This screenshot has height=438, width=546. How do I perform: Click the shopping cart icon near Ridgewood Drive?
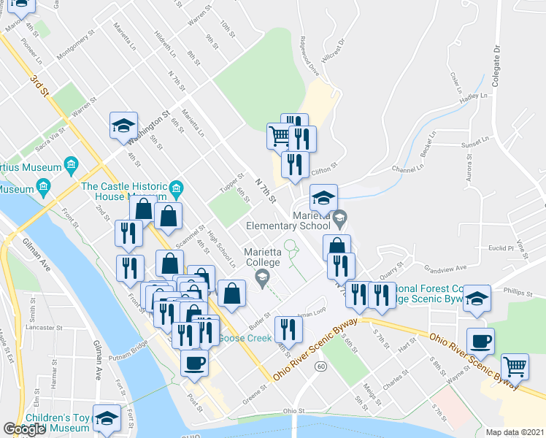[x=279, y=137]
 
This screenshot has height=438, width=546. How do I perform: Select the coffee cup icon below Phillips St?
[x=480, y=342]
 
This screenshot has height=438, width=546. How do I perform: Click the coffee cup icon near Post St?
[x=193, y=363]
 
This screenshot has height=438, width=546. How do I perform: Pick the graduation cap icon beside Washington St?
[x=124, y=125]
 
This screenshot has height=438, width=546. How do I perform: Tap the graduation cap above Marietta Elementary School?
[x=323, y=198]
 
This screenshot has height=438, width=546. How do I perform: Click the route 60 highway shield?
[x=320, y=365]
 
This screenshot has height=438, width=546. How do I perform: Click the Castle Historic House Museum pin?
[x=175, y=191]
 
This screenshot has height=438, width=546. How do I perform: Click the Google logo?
[x=25, y=429]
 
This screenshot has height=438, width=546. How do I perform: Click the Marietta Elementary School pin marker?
[x=339, y=217]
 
